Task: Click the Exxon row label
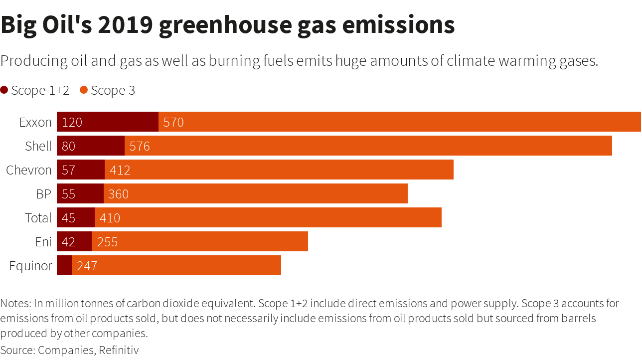35,122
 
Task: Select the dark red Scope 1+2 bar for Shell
91,146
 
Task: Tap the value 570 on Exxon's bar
173,122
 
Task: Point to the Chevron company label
29,170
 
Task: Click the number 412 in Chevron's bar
120,170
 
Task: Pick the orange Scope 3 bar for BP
256,193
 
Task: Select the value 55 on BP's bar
68,194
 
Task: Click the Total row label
38,218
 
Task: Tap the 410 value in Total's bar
110,218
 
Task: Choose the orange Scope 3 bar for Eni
200,241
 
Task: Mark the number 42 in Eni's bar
68,242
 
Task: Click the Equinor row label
30,266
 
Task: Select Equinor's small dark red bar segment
64,265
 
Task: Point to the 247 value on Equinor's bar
87,266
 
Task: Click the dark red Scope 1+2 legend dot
4,90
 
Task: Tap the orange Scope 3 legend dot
84,90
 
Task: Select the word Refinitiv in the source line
119,350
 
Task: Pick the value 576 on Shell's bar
140,146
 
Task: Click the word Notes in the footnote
15,303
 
